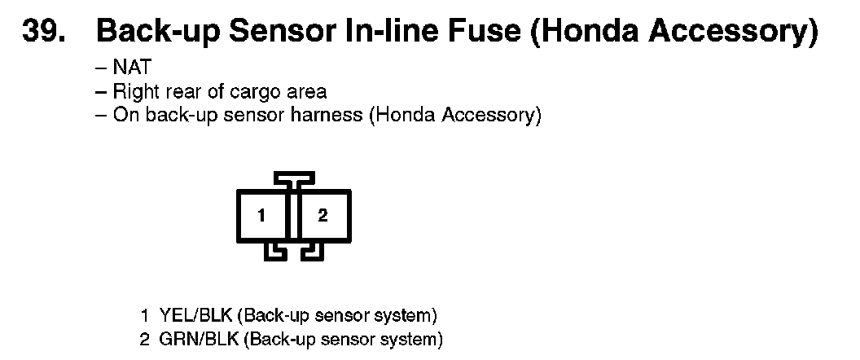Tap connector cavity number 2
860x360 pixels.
pyautogui.click(x=323, y=216)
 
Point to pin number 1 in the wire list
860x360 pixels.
pyautogui.click(x=144, y=314)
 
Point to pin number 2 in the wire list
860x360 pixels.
pyautogui.click(x=144, y=338)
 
